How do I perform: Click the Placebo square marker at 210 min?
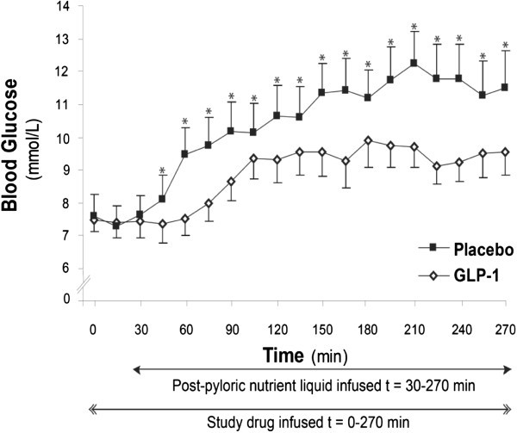[x=414, y=63]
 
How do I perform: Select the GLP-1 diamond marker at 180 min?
[x=368, y=140]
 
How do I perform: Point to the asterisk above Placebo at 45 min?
[x=162, y=170]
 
